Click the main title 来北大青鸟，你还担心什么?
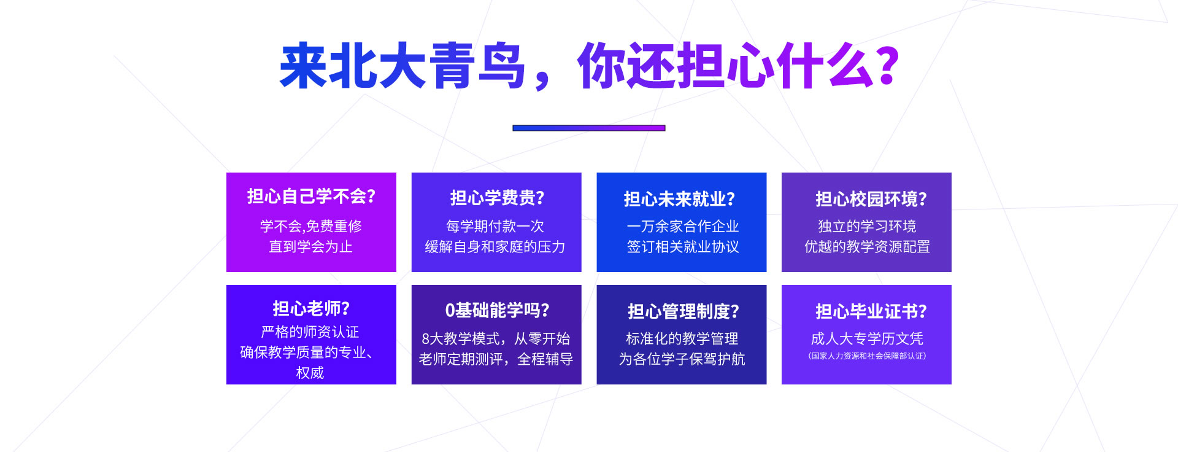(590, 66)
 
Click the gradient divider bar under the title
(589, 128)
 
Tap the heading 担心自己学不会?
(311, 197)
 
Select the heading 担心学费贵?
(497, 198)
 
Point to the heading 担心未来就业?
(679, 199)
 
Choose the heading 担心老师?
(311, 308)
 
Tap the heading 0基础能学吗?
(497, 311)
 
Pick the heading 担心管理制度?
(683, 311)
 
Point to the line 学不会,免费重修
(311, 226)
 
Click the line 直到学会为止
(311, 247)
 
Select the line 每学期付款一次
(495, 226)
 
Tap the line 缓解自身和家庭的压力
(495, 247)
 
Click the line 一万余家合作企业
(683, 226)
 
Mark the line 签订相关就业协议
(683, 247)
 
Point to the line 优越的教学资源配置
(867, 247)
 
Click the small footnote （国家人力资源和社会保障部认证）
(867, 356)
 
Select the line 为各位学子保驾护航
(682, 359)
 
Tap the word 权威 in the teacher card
(310, 373)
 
